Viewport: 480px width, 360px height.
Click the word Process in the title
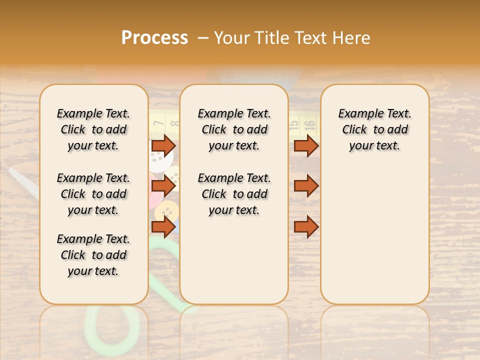[x=154, y=38]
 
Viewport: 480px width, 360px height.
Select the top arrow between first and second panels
[x=163, y=145]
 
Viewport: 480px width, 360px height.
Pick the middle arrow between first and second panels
[x=163, y=186]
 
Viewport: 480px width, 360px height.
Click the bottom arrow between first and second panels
[x=163, y=227]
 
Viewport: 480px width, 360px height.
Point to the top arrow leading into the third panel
[x=306, y=145]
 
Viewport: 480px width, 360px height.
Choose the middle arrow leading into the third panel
[x=306, y=186]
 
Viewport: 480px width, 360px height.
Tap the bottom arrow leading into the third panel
[x=306, y=227]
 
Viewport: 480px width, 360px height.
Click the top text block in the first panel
[x=93, y=129]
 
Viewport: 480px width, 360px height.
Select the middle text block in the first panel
[x=93, y=194]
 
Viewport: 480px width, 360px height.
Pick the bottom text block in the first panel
[x=93, y=255]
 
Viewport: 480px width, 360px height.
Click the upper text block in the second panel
[x=234, y=129]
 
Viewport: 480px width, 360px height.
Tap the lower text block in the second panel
[x=234, y=194]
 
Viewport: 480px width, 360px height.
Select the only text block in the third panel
[x=374, y=129]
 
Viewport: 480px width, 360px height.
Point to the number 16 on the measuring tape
[x=309, y=123]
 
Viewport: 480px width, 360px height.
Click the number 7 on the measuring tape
[x=158, y=122]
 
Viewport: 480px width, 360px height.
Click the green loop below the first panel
[x=113, y=328]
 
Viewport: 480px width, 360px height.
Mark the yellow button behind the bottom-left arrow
[x=164, y=213]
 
